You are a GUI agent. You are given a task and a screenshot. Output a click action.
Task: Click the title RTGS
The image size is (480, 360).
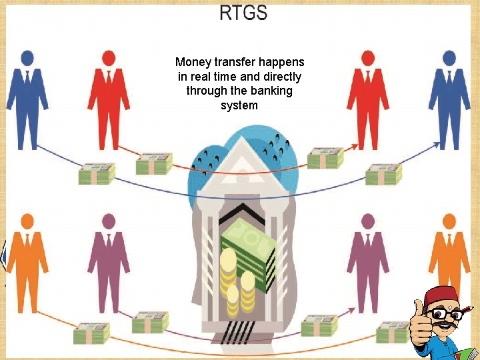pos(243,12)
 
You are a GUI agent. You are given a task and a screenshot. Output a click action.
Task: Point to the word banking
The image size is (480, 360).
pos(272,91)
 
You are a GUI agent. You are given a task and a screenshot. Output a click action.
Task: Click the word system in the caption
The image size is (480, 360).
pos(239,105)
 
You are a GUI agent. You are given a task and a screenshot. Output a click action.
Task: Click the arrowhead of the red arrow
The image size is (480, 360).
pos(356,145)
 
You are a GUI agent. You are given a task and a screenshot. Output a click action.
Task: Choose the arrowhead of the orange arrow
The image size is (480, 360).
pos(435,307)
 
